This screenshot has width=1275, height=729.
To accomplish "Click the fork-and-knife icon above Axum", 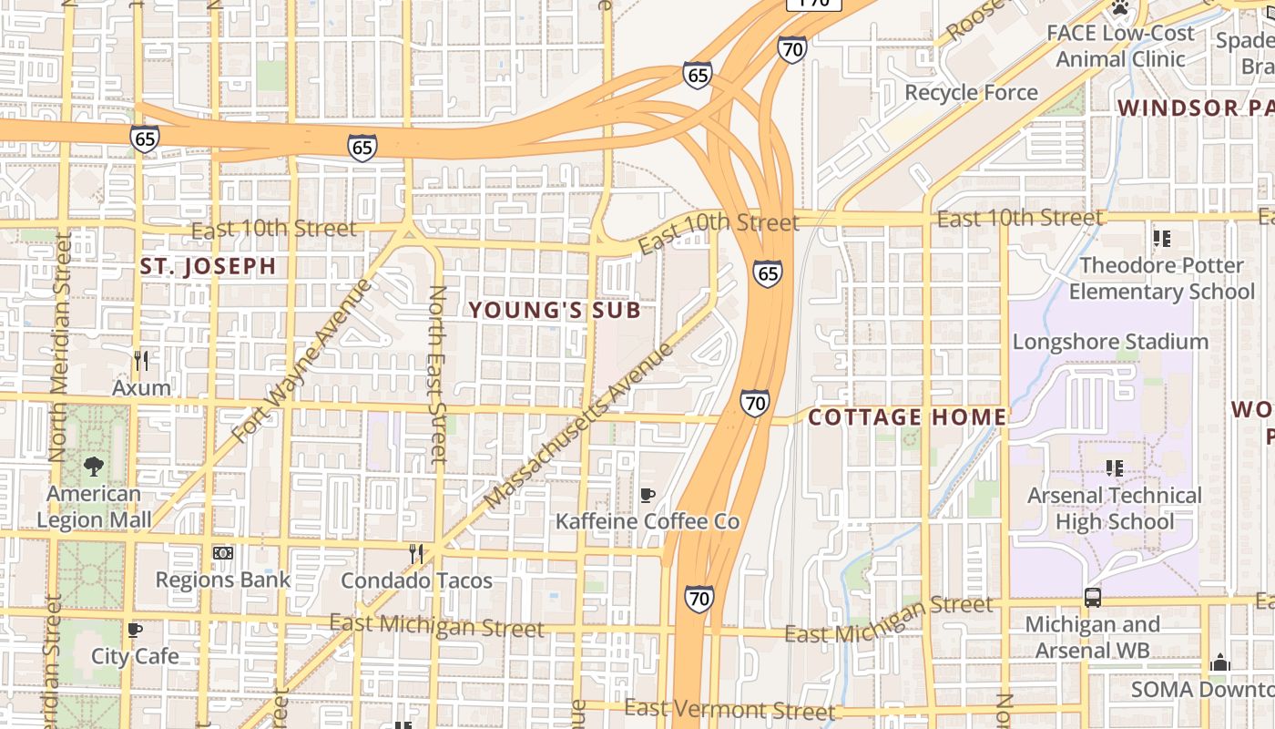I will [x=141, y=361].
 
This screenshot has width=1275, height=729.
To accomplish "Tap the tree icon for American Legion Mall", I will [x=93, y=467].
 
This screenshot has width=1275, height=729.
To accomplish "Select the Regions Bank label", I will [x=223, y=580].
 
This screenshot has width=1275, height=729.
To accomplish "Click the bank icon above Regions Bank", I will [x=223, y=553].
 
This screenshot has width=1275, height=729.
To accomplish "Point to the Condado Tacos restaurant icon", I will [x=416, y=553].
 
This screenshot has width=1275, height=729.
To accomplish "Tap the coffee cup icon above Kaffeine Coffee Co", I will [x=648, y=495].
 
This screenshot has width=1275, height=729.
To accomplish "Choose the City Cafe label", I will [x=135, y=656].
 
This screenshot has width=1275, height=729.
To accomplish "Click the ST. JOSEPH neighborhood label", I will [x=208, y=267].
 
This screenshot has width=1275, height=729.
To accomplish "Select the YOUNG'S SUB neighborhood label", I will [x=555, y=310].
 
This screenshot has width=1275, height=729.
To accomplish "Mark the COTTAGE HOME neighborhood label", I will [x=907, y=417].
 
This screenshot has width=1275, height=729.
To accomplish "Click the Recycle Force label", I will [x=971, y=93].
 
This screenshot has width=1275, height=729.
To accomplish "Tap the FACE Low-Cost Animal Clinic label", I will [x=1120, y=46].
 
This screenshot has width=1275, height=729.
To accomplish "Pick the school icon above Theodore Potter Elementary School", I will [x=1161, y=239].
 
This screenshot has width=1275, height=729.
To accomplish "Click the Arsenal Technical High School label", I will [x=1115, y=508].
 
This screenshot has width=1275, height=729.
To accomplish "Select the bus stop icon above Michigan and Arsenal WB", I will [x=1092, y=598].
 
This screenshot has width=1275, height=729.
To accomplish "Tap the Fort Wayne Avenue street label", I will [x=302, y=361].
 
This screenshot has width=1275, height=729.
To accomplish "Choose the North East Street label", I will [x=438, y=374].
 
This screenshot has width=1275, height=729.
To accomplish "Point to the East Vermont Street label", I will [x=729, y=709].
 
